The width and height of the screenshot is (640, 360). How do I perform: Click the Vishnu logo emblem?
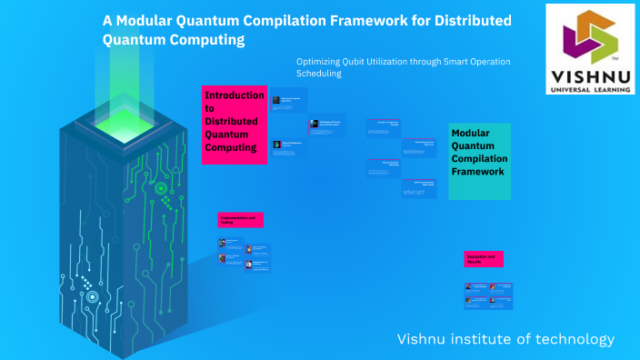pos(590,35)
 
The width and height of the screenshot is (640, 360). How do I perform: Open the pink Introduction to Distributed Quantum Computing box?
pos(235,125)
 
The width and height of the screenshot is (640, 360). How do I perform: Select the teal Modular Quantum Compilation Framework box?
pos(480,161)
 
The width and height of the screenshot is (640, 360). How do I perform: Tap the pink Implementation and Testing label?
pos(241,220)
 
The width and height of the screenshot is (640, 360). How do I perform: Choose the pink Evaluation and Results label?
pos(484,259)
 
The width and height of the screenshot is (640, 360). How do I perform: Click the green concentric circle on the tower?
pos(161,189)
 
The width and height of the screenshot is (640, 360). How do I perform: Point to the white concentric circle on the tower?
pos(91,296)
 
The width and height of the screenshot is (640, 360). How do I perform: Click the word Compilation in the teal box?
pos(480,159)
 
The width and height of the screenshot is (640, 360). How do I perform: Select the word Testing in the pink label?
pos(227,223)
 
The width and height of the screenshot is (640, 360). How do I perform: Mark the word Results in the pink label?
pos(475,262)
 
